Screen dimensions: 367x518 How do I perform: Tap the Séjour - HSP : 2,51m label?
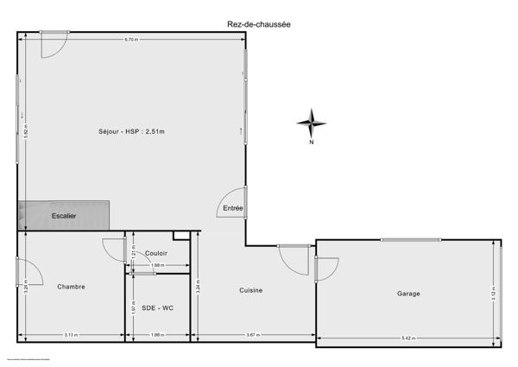coord(131,131)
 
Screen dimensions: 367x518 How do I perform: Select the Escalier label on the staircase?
coord(64,216)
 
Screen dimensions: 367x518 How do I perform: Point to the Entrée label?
coord(233,208)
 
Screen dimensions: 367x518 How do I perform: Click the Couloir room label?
coord(157,252)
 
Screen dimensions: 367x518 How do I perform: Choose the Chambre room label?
coord(72,287)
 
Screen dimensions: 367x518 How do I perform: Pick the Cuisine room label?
coord(251,290)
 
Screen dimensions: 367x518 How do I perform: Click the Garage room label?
coord(408,294)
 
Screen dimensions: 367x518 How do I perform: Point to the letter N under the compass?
coord(311,144)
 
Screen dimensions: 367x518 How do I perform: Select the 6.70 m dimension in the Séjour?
coord(131,40)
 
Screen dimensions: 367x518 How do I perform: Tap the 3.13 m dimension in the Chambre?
coord(72,335)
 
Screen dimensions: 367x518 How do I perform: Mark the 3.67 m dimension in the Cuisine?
coord(251,335)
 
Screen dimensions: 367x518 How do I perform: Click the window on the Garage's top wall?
coord(410,239)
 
